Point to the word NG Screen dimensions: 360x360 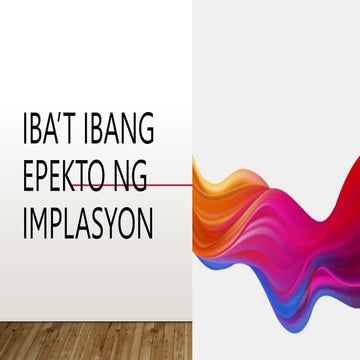pos(130,178)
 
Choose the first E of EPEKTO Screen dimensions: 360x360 pos(30,178)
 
